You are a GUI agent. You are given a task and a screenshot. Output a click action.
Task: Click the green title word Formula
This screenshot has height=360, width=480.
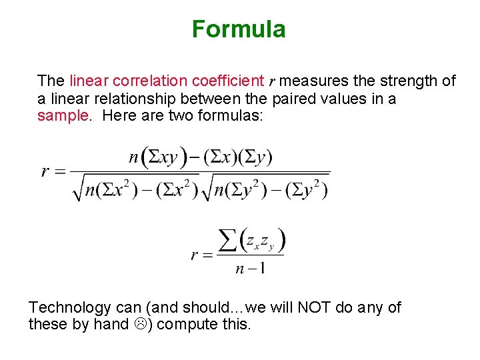239,29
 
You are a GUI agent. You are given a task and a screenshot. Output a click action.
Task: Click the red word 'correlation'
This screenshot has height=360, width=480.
151,81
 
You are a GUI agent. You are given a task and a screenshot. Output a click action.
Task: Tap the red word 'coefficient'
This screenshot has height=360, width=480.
228,81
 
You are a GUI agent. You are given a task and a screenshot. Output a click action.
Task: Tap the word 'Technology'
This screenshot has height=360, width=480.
69,307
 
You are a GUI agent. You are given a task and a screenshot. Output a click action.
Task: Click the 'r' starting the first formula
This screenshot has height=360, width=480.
45,171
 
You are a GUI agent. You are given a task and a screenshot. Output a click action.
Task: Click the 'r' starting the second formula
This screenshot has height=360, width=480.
195,255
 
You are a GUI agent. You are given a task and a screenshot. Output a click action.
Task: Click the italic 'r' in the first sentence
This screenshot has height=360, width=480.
271,82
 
